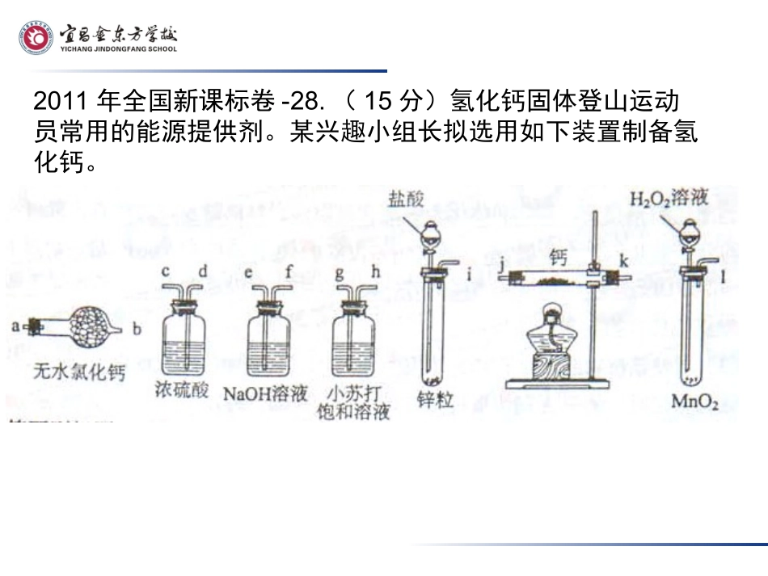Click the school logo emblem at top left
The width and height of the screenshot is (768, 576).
point(36,38)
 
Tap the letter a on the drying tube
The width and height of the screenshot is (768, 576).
point(16,326)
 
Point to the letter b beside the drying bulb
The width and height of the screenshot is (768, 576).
point(137,329)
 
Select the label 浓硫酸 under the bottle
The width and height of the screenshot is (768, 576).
point(181,392)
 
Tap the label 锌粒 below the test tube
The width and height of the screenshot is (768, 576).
point(435,399)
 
